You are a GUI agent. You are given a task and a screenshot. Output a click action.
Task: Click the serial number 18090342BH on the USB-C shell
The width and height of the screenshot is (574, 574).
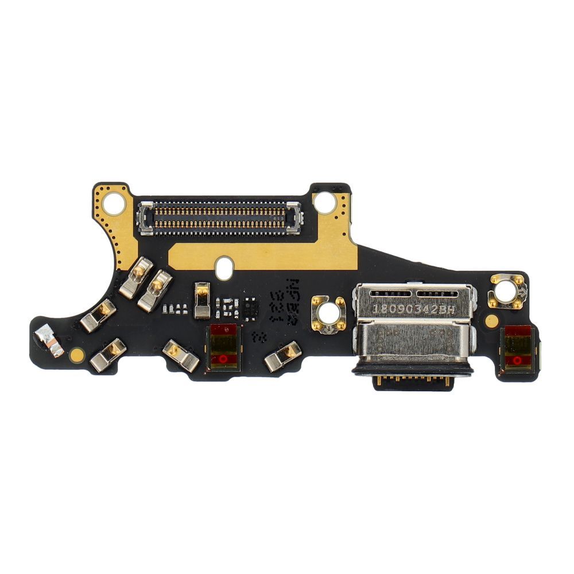click(x=414, y=308)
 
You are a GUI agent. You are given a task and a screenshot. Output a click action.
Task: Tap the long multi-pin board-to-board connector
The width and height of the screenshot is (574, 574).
click(x=219, y=218)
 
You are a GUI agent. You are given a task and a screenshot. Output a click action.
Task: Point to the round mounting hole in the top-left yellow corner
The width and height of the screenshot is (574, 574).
click(x=114, y=203)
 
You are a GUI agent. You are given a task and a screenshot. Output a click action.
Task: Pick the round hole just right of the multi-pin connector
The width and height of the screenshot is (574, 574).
click(x=325, y=202)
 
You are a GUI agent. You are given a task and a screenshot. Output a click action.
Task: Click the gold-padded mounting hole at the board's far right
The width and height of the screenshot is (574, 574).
click(x=507, y=292)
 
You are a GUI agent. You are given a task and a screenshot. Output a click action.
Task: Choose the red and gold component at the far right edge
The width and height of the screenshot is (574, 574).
click(x=518, y=348)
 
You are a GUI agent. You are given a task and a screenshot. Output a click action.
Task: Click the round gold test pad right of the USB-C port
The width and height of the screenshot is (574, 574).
click(x=491, y=321)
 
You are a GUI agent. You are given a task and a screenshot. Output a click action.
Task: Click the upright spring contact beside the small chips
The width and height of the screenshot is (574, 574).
click(x=201, y=300)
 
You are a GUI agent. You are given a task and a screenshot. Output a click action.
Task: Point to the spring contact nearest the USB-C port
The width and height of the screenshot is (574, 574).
click(x=283, y=356)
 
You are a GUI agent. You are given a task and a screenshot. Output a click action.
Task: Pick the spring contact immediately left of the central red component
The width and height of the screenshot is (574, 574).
click(x=181, y=355)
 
